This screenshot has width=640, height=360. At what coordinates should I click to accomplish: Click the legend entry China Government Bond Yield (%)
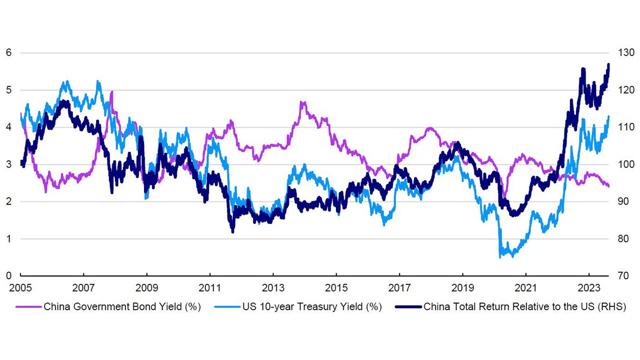click(x=122, y=306)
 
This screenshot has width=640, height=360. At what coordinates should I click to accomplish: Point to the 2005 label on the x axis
click(x=20, y=288)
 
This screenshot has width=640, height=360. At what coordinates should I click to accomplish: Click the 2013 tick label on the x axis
click(x=273, y=288)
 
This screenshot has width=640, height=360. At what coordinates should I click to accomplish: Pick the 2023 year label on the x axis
click(x=589, y=288)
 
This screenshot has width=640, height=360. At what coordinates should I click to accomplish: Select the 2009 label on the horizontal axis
click(x=146, y=288)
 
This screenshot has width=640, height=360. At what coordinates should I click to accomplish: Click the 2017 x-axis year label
click(x=399, y=288)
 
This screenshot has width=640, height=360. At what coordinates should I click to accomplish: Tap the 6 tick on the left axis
click(x=8, y=53)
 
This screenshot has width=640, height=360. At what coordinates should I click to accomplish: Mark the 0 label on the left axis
click(x=8, y=276)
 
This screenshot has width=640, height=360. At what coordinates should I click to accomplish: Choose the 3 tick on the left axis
click(x=8, y=164)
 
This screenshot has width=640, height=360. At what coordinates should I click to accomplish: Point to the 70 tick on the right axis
click(x=622, y=276)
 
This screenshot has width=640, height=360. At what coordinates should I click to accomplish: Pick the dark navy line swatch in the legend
click(x=406, y=306)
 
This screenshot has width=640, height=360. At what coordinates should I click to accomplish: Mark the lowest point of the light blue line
click(x=500, y=257)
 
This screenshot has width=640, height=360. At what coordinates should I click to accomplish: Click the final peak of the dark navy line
click(x=608, y=64)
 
